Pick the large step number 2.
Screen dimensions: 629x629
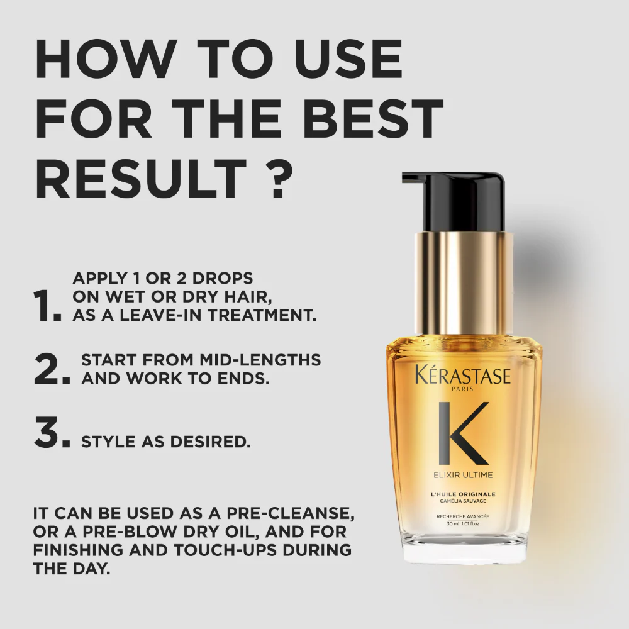pos(51,369)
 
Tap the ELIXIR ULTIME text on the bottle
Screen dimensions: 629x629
pos(463,474)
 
